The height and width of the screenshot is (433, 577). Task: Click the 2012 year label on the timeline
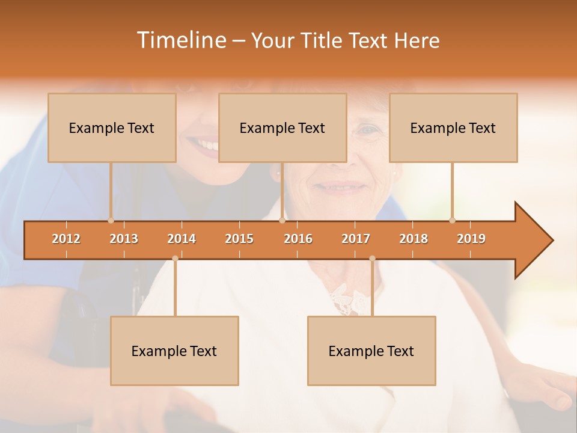click(66, 239)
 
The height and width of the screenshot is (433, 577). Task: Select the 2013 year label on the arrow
click(124, 239)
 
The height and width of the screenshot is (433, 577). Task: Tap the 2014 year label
click(182, 239)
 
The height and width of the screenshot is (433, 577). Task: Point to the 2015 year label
click(239, 239)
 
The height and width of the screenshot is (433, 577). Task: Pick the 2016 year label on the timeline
click(298, 239)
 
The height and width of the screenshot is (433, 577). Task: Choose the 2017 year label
click(356, 239)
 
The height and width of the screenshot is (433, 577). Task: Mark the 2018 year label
click(414, 239)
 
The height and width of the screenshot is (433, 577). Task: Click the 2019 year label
click(471, 239)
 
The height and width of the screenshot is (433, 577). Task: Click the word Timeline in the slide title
click(180, 40)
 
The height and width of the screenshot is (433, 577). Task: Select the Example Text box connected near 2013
click(112, 127)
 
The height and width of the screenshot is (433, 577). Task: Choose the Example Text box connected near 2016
click(282, 127)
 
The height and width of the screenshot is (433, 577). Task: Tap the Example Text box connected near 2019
click(453, 127)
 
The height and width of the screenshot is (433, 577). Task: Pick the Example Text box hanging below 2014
click(174, 351)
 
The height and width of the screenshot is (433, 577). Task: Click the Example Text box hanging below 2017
click(371, 351)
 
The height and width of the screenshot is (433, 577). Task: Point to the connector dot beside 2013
click(111, 220)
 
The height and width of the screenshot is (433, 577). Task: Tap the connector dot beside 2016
click(282, 220)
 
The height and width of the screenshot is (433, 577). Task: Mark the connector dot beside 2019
click(452, 220)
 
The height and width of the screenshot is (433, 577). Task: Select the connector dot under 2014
click(175, 259)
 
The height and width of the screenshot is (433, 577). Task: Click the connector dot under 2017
click(372, 259)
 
